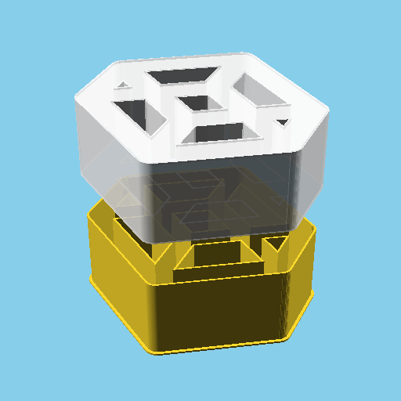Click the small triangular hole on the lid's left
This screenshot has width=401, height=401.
(x=123, y=85)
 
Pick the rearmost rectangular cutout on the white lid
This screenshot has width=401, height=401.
(x=183, y=76)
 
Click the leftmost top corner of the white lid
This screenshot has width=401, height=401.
(x=76, y=96)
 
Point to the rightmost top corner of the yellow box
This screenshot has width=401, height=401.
(x=315, y=229)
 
